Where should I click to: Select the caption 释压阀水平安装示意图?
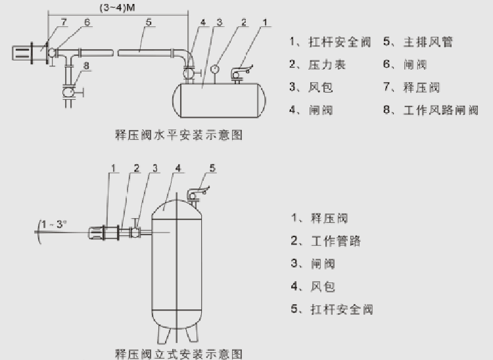click(179, 135)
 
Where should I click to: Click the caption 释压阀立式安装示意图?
click(179, 353)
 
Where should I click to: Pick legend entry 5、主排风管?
click(417, 43)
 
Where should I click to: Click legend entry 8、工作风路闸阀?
click(431, 110)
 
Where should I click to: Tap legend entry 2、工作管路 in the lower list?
click(327, 241)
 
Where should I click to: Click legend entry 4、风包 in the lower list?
click(314, 286)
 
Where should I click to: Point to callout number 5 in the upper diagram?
click(149, 22)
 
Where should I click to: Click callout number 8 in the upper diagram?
click(86, 66)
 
